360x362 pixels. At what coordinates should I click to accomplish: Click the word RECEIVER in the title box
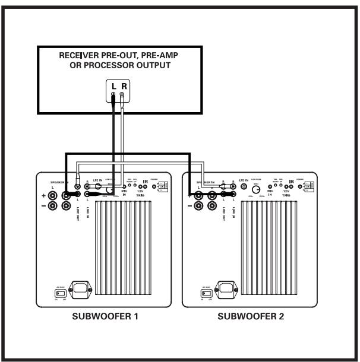[x=81, y=55]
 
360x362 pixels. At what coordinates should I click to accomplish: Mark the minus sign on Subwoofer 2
[x=190, y=206]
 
